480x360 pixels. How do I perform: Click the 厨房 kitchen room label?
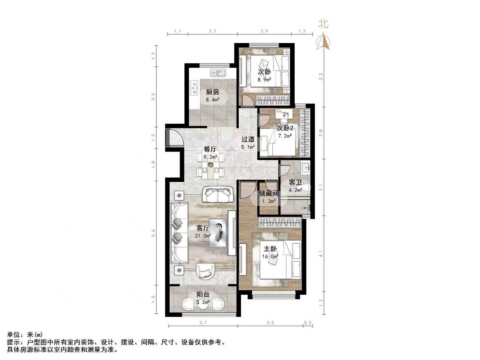[212, 92]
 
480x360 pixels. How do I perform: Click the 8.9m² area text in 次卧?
[264, 80]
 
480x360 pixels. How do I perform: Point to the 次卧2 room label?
[285, 129]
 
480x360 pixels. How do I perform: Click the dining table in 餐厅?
[211, 168]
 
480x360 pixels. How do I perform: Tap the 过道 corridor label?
[248, 139]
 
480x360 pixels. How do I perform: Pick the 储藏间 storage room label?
[269, 193]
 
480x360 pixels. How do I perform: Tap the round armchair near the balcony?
[206, 271]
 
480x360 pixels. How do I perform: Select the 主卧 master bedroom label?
[270, 249]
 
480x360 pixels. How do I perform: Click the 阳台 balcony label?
[203, 294]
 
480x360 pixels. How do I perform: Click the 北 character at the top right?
[323, 24]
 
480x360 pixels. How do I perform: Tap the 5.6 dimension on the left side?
[153, 233]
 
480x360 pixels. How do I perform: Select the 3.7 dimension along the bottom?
[203, 323]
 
